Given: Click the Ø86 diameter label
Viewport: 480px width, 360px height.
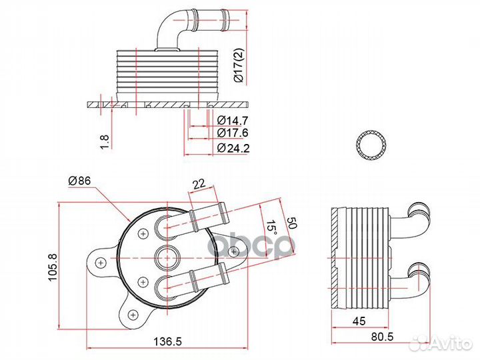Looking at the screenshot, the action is pos(79,181).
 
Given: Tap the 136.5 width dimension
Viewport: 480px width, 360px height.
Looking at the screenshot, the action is pos(168,341).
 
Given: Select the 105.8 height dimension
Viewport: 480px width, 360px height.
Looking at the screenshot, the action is pos(53,267).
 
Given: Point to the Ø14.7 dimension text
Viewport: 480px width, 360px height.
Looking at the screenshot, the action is pos(233,120).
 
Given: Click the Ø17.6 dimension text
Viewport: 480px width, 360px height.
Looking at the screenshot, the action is pos(233,133).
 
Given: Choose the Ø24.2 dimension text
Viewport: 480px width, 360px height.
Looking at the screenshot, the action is pos(233,148).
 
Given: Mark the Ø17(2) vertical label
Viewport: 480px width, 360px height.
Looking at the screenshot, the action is pos(238,65).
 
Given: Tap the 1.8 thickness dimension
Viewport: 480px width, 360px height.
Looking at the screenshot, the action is pos(105,142).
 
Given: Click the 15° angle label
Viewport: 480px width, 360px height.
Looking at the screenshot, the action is pos(271,229).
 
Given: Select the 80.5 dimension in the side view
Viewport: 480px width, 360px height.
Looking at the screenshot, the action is pos(383,337).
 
